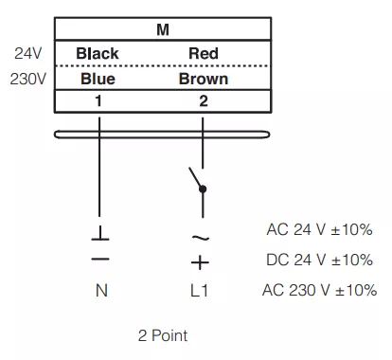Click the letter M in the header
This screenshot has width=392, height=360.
[x=163, y=29]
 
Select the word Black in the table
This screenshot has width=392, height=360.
[x=98, y=53]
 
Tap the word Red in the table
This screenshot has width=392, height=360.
[x=204, y=53]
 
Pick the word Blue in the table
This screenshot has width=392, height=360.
[x=98, y=79]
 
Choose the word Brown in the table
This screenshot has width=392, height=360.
[x=204, y=79]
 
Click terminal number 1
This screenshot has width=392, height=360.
[x=98, y=101]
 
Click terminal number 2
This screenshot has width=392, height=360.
[x=204, y=101]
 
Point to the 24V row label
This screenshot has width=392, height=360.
[x=27, y=53]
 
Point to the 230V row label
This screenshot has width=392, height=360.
[x=27, y=79]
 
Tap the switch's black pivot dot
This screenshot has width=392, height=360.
[x=203, y=189]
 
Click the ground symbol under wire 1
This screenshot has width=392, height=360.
[x=100, y=233]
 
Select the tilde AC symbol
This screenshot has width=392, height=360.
[x=200, y=237]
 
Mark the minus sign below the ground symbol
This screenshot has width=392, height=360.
[x=100, y=260]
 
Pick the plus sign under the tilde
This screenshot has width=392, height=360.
[x=200, y=262]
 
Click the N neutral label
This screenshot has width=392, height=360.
[x=101, y=290]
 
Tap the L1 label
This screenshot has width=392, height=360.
[x=199, y=290]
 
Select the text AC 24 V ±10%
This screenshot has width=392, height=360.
[x=319, y=229]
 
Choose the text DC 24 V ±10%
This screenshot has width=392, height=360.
[x=319, y=260]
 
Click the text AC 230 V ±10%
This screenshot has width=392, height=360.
[x=319, y=290]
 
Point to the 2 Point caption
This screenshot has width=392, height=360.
[x=163, y=335]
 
